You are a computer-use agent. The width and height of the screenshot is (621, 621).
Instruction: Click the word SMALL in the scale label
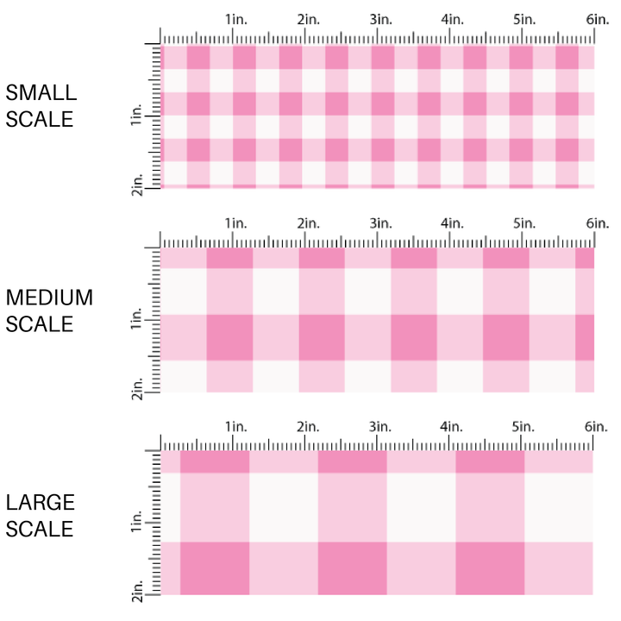pos(41,93)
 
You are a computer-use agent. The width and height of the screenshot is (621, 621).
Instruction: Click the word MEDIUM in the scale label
pos(49,298)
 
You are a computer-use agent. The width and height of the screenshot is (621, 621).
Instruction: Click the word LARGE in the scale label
pos(40,503)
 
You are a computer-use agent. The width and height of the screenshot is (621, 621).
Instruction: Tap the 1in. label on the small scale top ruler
pos(236,19)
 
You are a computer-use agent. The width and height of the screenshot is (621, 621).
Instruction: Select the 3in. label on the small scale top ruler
pos(380,19)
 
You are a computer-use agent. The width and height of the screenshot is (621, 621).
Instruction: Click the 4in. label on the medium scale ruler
pos(453,223)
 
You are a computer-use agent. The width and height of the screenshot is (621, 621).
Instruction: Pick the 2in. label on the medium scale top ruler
pos(309,223)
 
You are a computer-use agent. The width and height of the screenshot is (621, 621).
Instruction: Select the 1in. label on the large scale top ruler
pos(236,427)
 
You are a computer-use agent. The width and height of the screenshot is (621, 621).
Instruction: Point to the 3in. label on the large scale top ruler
pos(380,427)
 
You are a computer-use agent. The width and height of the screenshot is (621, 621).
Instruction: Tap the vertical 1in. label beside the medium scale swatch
pos(138,322)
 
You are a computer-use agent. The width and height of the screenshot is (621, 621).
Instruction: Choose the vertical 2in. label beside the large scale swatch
pos(138,587)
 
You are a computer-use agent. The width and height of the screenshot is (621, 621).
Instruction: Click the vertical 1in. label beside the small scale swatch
pos(138,116)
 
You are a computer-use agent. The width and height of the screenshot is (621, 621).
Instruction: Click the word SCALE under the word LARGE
pos(40,529)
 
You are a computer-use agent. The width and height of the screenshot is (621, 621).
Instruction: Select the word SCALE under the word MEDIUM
pos(40,324)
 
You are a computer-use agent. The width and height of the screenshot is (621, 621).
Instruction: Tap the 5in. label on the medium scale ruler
pos(524,223)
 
